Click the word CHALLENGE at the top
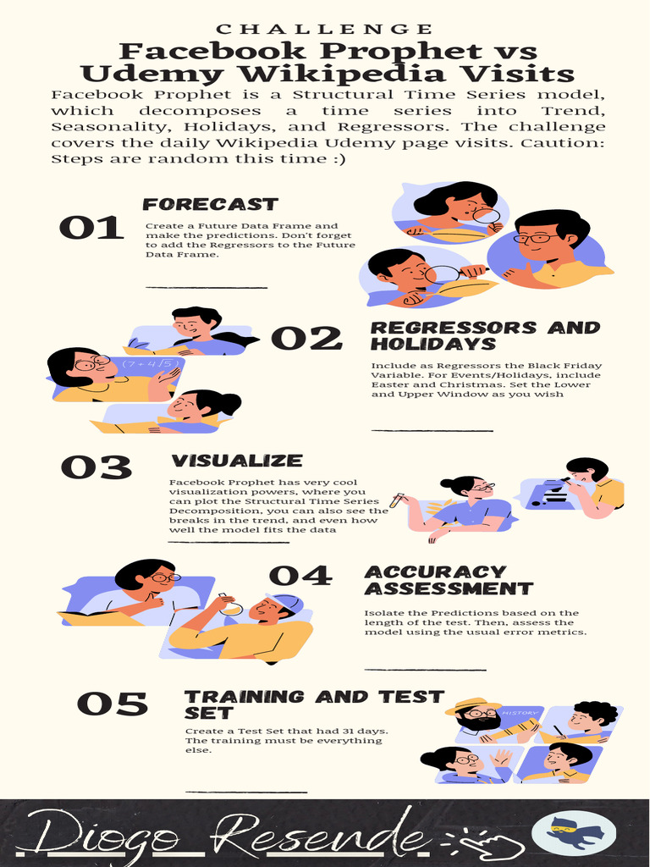point(324,30)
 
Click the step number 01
point(91,228)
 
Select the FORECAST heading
point(210,204)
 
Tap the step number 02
point(306,339)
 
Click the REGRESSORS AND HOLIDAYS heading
point(485,335)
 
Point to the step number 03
point(96,467)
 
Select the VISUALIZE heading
point(237,461)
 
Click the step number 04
point(300,576)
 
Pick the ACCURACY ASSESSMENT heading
point(449,580)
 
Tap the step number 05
point(113,704)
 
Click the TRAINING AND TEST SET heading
point(314,705)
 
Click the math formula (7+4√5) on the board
point(149,364)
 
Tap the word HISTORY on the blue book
point(520,713)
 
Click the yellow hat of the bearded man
point(472,705)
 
